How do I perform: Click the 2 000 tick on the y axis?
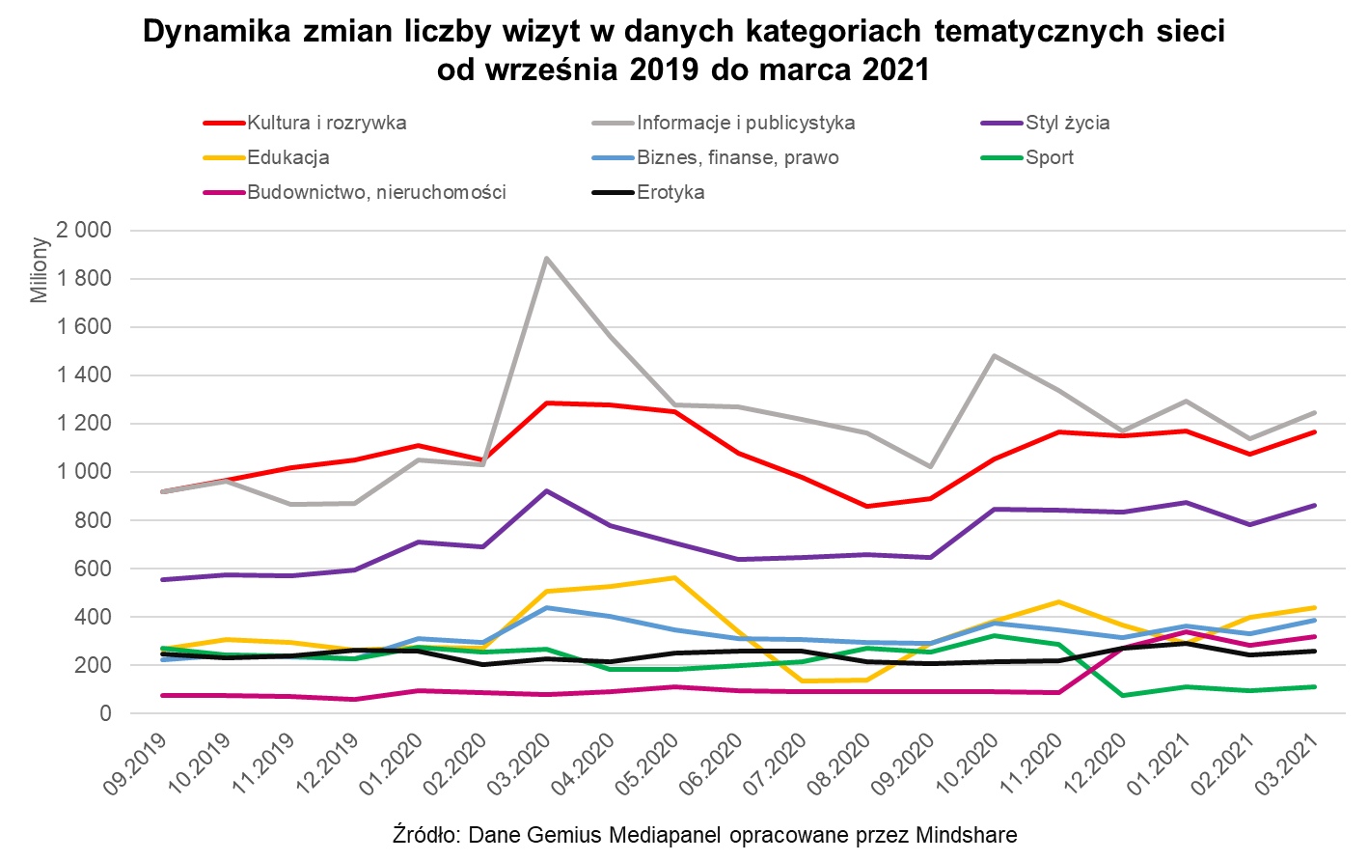pyautogui.click(x=85, y=231)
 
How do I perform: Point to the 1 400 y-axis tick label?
pyautogui.click(x=85, y=375)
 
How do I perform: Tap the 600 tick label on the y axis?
pyautogui.click(x=95, y=569)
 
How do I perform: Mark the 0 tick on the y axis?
pyautogui.click(x=105, y=713)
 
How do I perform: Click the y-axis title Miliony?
pyautogui.click(x=39, y=270)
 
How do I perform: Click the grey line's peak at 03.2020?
pyautogui.click(x=547, y=258)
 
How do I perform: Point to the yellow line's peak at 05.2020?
pyautogui.click(x=675, y=577)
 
